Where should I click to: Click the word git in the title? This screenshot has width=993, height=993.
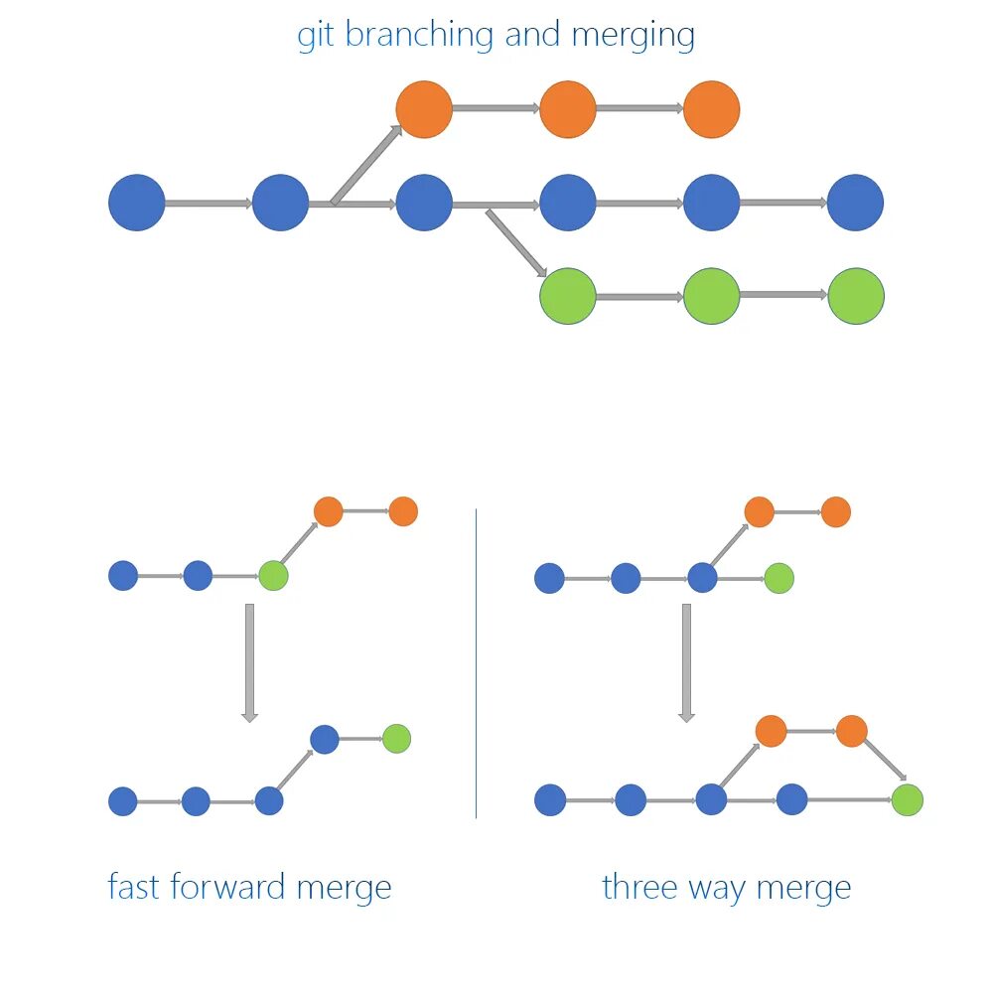tap(316, 36)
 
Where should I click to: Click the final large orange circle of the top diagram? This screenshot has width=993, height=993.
tap(711, 109)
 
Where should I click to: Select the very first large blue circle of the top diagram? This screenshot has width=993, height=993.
tap(136, 203)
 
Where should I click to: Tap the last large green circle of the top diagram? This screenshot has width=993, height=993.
tap(855, 296)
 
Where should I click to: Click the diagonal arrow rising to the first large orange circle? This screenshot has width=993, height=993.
tap(365, 165)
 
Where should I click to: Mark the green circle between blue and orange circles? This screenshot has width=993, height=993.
tap(273, 575)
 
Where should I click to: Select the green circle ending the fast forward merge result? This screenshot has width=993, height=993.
tap(396, 739)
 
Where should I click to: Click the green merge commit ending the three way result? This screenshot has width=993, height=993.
tap(907, 799)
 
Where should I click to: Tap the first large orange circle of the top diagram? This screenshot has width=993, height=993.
tap(424, 109)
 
